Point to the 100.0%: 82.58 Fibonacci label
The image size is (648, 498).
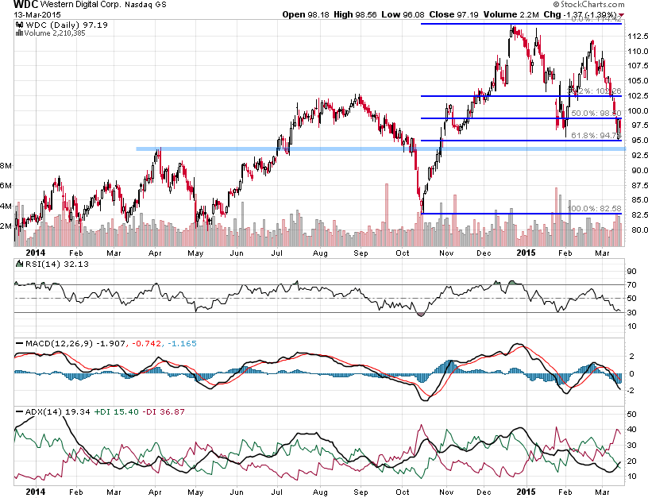click(592, 208)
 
